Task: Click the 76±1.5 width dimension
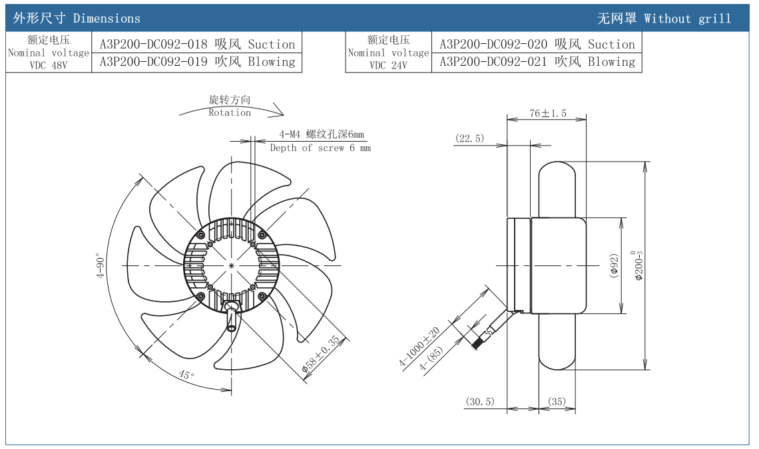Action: click(547, 113)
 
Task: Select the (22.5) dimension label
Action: click(470, 138)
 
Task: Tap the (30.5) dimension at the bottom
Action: click(480, 401)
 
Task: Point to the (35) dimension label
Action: click(557, 401)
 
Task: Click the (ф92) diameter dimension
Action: click(614, 265)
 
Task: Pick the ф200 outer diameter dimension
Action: click(638, 265)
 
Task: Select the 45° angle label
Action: click(187, 374)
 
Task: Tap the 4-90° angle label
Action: click(101, 265)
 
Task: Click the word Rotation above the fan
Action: click(230, 112)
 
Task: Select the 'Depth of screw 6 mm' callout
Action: click(320, 148)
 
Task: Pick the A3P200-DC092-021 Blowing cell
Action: click(537, 62)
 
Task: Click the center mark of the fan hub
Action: click(231, 265)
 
